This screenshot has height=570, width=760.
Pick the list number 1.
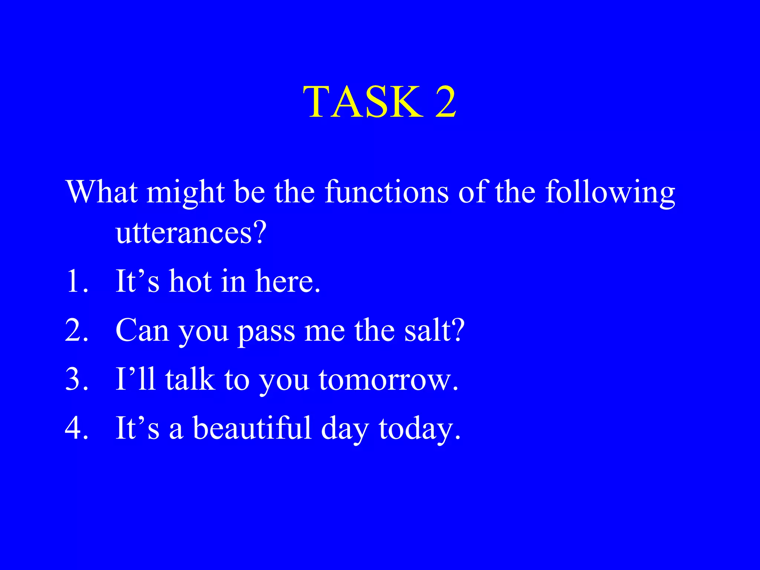pyautogui.click(x=76, y=281)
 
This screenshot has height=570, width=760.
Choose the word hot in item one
pyautogui.click(x=190, y=281)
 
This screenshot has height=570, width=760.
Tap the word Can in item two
pyautogui.click(x=142, y=330)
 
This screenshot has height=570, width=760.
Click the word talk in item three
pyautogui.click(x=190, y=379)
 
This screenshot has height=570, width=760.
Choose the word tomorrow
pyautogui.click(x=388, y=380)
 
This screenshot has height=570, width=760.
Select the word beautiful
pyautogui.click(x=252, y=428)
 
